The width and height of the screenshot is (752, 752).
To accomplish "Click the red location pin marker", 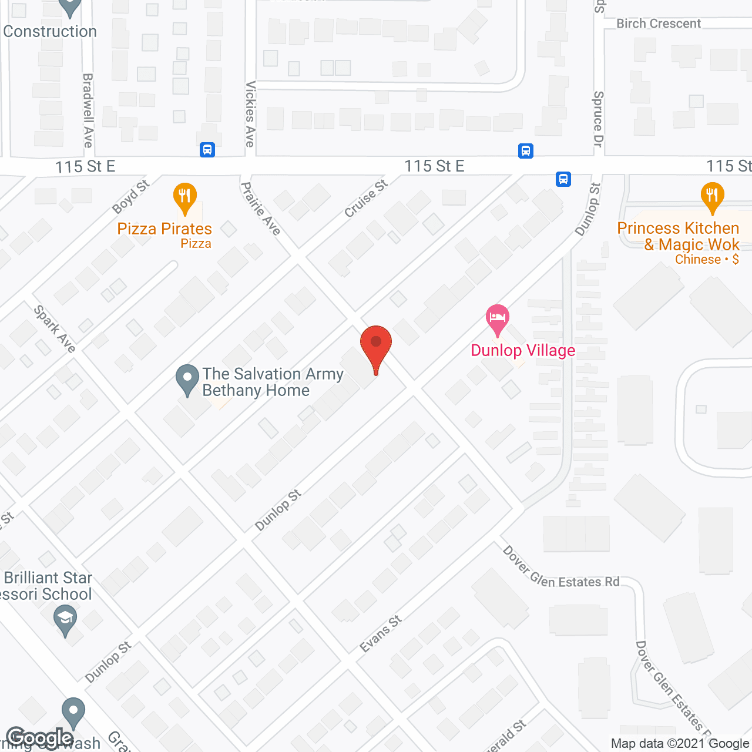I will [376, 347].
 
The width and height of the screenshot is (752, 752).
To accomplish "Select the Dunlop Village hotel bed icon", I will [498, 320].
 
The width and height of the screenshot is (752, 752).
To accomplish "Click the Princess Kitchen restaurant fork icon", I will [712, 198].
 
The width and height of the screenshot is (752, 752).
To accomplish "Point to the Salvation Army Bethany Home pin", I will [187, 380].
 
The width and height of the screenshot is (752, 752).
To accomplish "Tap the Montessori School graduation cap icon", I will [65, 620].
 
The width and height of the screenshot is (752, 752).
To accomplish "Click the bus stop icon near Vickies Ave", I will [207, 150].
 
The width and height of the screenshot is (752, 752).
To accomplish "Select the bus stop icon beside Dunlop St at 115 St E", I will [563, 179].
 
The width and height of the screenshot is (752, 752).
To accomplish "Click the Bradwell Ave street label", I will [88, 110].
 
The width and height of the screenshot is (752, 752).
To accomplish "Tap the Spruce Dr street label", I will [598, 119].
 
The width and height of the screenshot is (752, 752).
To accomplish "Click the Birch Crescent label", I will [658, 23].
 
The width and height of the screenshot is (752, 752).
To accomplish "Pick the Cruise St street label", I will [365, 199].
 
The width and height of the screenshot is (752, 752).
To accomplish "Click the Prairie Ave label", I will [261, 209].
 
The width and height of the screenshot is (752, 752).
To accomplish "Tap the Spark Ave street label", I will [55, 329].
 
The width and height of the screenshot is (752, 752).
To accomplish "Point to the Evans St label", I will [381, 634].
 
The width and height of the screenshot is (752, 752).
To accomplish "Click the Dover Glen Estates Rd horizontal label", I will [561, 570].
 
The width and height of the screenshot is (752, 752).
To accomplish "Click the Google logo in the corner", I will [40, 738].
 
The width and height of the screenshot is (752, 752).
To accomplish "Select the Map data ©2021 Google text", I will [680, 744].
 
